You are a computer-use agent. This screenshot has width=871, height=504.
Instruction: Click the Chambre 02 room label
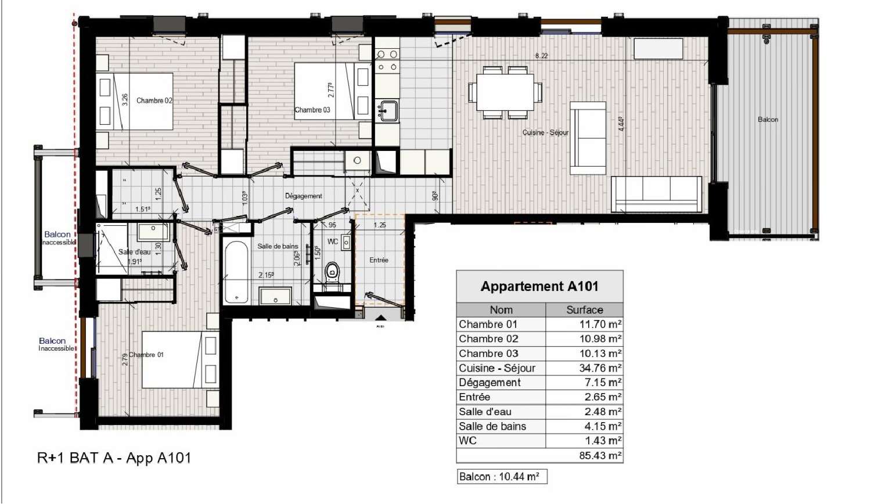[x=154, y=100]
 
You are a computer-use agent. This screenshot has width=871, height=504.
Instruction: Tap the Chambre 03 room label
[x=312, y=110]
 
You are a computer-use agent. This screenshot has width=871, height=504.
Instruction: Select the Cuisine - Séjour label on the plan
[x=545, y=132]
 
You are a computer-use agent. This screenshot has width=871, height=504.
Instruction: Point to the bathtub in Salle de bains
[x=236, y=272]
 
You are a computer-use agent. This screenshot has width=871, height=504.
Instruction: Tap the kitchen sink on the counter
[x=388, y=110]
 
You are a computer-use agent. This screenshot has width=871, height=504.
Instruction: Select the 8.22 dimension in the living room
[x=541, y=56]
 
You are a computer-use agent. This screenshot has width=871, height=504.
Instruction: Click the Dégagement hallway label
[x=303, y=196]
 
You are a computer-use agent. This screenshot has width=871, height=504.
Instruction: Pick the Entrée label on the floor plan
[x=379, y=260]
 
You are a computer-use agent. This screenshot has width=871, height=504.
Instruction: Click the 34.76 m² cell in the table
[x=584, y=368]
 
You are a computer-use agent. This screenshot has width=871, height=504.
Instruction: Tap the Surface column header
[x=584, y=310]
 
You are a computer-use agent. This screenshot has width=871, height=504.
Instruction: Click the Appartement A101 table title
[x=539, y=286]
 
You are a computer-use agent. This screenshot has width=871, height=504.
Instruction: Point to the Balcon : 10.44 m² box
[x=501, y=477]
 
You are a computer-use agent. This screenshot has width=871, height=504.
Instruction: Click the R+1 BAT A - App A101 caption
[x=114, y=458]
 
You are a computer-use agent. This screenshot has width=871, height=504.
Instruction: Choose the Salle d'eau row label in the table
[x=485, y=412]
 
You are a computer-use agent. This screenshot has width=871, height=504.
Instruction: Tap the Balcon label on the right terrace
[x=768, y=120]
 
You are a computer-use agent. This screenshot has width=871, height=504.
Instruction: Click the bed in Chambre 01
[x=172, y=359]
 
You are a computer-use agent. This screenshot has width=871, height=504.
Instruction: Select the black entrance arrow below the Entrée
[x=380, y=318]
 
